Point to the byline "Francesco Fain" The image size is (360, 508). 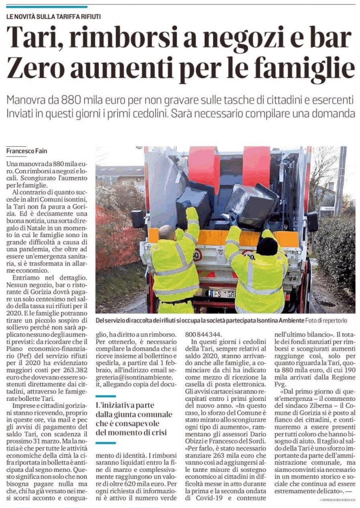27,151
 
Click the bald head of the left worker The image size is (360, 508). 168,232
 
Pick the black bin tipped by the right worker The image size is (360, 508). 250,204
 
